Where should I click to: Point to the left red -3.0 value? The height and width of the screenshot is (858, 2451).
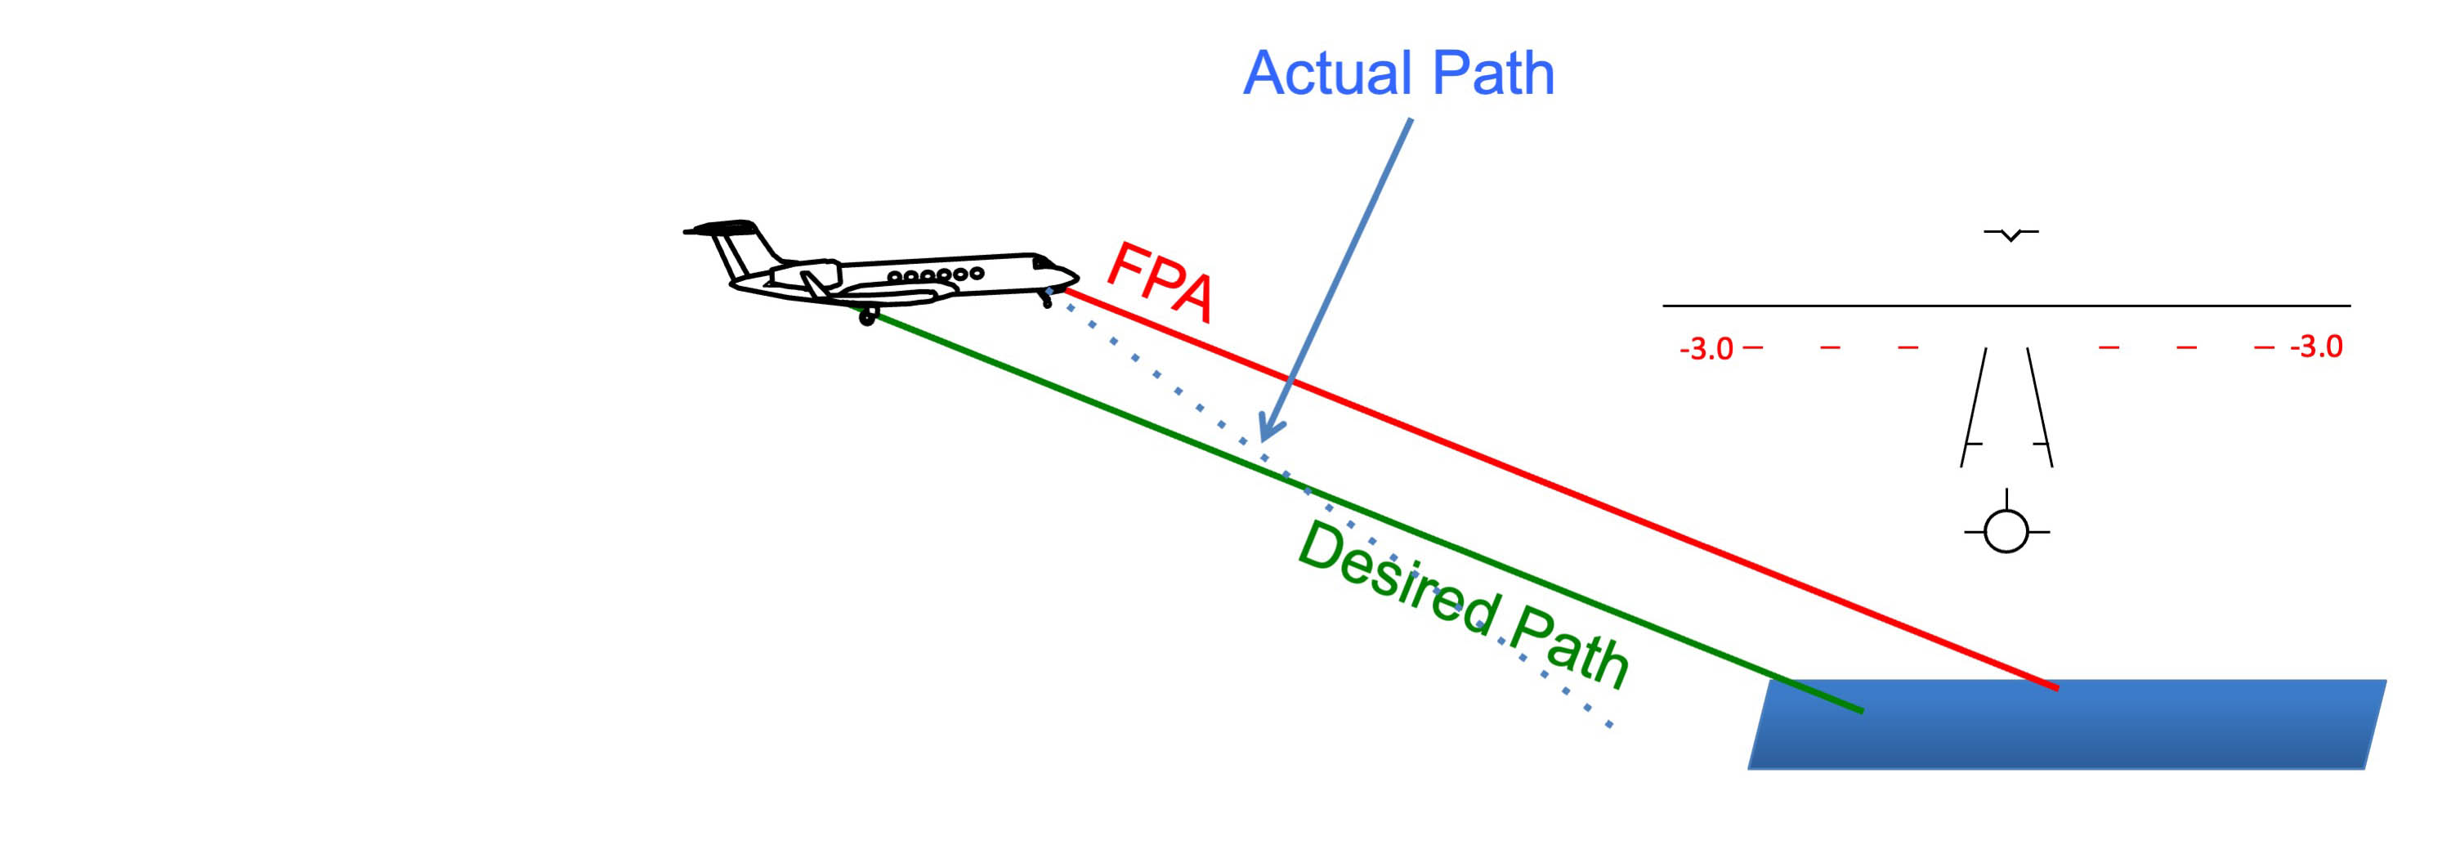1706,349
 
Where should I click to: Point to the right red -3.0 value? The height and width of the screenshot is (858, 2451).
2316,346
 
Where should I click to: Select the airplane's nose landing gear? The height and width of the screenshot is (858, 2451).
1047,301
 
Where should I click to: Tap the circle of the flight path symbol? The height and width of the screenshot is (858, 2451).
2006,531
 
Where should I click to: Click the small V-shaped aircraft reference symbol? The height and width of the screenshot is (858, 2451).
2010,234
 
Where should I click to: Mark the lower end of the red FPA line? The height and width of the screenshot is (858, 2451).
2055,686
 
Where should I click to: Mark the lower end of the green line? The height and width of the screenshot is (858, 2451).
1860,709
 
